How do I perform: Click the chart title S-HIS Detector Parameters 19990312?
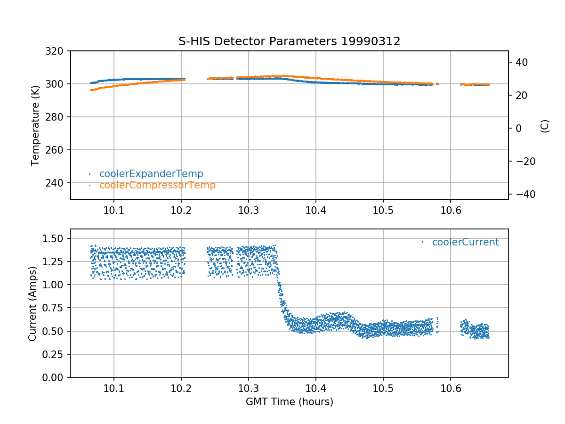[x=289, y=41]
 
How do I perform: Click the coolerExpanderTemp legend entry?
[x=151, y=174]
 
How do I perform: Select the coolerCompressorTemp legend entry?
[x=157, y=185]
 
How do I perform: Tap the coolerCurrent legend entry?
[x=465, y=242]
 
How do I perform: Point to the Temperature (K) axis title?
[x=35, y=125]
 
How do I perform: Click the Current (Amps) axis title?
[x=32, y=303]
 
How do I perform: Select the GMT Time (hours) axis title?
[x=289, y=402]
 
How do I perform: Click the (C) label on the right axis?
[x=545, y=126]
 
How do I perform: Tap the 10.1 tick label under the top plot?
[x=113, y=211]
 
